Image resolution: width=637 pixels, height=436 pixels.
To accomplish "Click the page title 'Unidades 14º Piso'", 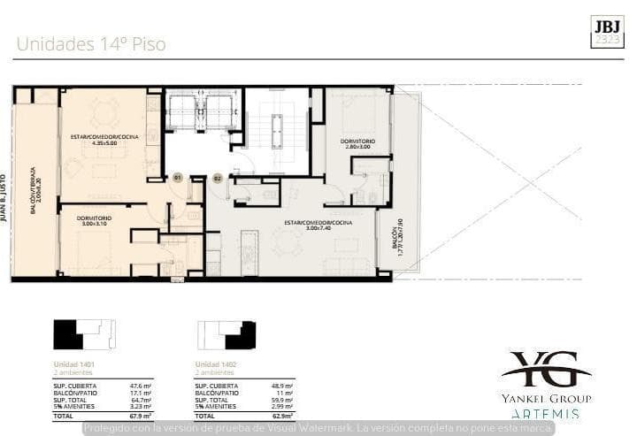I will pyautogui.click(x=90, y=43).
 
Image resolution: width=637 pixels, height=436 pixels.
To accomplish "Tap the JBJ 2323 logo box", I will pyautogui.click(x=607, y=30).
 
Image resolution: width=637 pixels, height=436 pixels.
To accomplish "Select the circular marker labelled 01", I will pyautogui.click(x=177, y=178).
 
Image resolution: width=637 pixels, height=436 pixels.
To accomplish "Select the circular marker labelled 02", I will pyautogui.click(x=217, y=178).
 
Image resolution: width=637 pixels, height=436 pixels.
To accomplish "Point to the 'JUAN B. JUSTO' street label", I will pyautogui.click(x=5, y=195).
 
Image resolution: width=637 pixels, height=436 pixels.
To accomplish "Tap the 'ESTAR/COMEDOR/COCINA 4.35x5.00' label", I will pyautogui.click(x=104, y=139).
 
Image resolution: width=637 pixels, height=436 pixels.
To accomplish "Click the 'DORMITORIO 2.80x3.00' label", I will pyautogui.click(x=357, y=144).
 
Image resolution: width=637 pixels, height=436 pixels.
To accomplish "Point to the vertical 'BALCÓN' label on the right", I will pyautogui.click(x=397, y=237).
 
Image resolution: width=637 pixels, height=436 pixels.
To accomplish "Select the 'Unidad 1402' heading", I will pyautogui.click(x=216, y=365).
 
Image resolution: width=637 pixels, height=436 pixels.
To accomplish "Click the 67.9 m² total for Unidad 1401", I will pyautogui.click(x=141, y=415).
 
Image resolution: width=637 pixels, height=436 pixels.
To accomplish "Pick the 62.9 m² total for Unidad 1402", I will pyautogui.click(x=282, y=415).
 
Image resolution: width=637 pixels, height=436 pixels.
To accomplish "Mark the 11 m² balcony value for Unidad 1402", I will pyautogui.click(x=284, y=393).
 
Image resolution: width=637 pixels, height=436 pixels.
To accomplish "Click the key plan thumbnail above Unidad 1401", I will pyautogui.click(x=84, y=335).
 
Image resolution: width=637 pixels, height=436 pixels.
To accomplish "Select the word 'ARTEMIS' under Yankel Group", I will pyautogui.click(x=546, y=413).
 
